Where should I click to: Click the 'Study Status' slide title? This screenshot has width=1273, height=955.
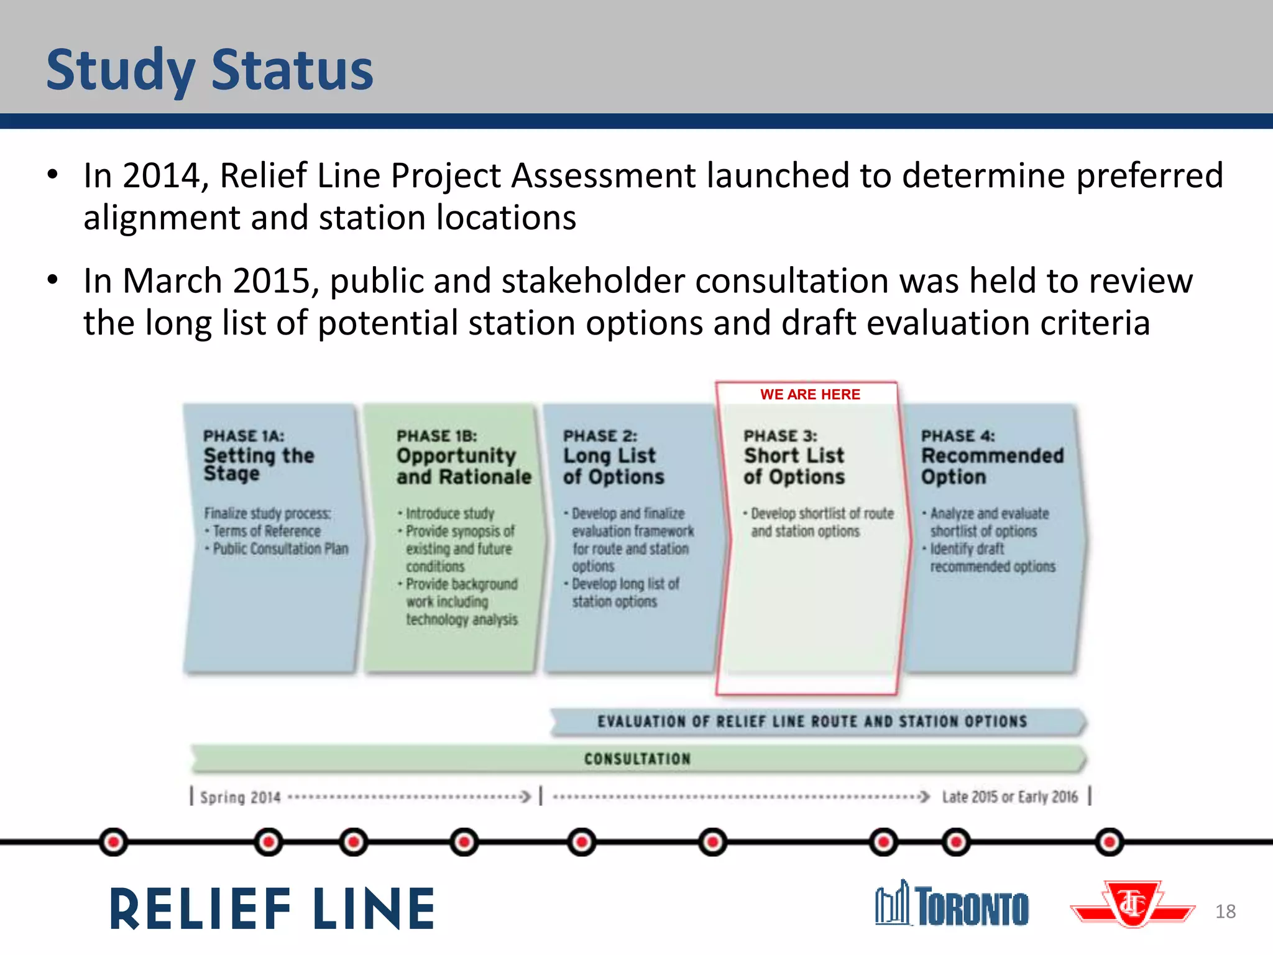(x=209, y=70)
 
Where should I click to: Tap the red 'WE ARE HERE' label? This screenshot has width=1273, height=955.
(x=809, y=394)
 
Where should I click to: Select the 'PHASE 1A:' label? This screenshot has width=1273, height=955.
(x=243, y=436)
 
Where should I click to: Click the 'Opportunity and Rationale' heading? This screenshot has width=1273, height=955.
(x=463, y=466)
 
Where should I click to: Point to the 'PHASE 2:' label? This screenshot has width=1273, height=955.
(x=599, y=436)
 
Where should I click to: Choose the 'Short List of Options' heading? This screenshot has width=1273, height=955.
(x=794, y=466)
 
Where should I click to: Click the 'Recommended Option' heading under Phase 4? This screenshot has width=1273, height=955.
(x=991, y=466)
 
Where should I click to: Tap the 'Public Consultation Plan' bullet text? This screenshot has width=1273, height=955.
(x=280, y=549)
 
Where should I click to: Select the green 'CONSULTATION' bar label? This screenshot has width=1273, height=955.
(x=637, y=759)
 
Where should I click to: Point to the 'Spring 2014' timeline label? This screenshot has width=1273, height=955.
(x=240, y=797)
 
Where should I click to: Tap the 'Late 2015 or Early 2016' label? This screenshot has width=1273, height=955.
(x=1009, y=796)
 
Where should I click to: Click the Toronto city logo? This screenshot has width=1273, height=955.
(x=952, y=905)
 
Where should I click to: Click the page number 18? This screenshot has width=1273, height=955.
(x=1225, y=911)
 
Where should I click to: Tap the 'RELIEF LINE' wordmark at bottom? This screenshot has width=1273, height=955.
(x=272, y=909)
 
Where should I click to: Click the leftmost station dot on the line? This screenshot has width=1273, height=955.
(x=113, y=842)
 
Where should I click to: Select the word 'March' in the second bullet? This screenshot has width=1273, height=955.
(x=172, y=281)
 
